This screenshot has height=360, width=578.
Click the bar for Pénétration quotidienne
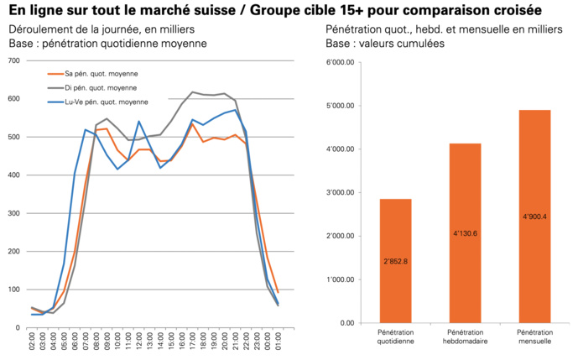(x=395, y=261)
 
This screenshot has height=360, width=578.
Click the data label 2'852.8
(x=395, y=261)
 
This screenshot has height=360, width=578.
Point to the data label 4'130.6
(x=465, y=233)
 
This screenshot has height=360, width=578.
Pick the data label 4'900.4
(x=534, y=217)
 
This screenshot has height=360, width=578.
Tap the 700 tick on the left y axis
(x=13, y=61)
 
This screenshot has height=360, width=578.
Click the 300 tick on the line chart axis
(x=13, y=213)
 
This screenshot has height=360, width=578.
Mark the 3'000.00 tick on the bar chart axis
(x=341, y=193)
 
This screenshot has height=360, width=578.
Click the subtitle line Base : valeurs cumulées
(x=385, y=43)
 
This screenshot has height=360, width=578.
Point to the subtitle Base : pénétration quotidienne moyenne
(x=107, y=43)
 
